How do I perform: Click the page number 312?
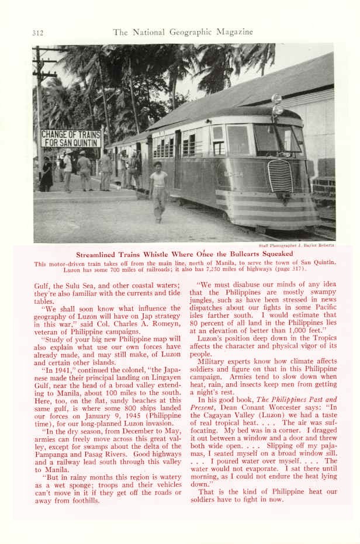point(37,33)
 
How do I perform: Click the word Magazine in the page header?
point(233,32)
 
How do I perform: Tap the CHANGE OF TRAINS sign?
point(71,138)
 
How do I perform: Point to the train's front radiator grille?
point(280,176)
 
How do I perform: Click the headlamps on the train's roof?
point(276,105)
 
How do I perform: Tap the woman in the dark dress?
point(47,174)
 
